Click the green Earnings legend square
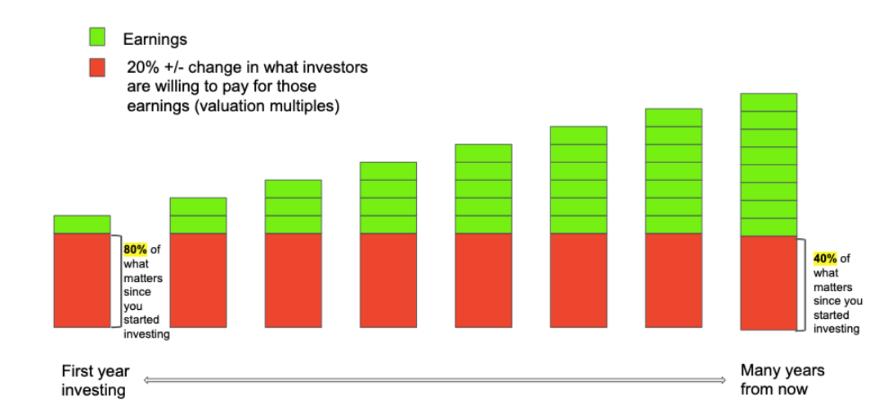pyautogui.click(x=96, y=38)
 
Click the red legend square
pyautogui.click(x=96, y=68)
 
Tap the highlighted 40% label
pyautogui.click(x=825, y=258)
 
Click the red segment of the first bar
pyautogui.click(x=82, y=280)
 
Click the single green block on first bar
pyautogui.click(x=82, y=224)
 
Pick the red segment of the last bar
pyautogui.click(x=769, y=283)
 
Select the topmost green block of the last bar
pyautogui.click(x=769, y=102)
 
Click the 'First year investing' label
pyautogui.click(x=95, y=380)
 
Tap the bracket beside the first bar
pyautogui.click(x=116, y=280)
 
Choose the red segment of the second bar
pyautogui.click(x=198, y=280)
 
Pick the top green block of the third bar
pyautogui.click(x=293, y=189)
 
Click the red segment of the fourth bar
pyautogui.click(x=388, y=280)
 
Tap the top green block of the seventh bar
pyautogui.click(x=673, y=117)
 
